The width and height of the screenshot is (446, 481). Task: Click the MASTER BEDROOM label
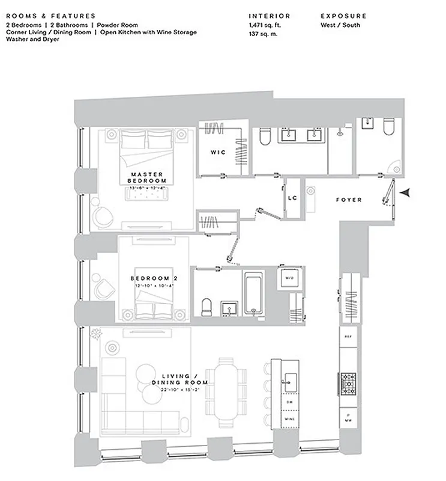coord(148,177)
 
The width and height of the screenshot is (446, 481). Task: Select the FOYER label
coord(349,200)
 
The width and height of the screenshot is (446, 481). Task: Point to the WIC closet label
coord(218,152)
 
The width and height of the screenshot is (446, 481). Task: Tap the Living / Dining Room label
coord(180,379)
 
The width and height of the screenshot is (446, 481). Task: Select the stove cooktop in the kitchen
coord(349,381)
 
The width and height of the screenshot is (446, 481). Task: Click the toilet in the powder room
coord(388,128)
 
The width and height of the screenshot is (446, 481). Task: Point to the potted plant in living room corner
coord(95,334)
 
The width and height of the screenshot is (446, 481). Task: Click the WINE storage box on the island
coord(289,418)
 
